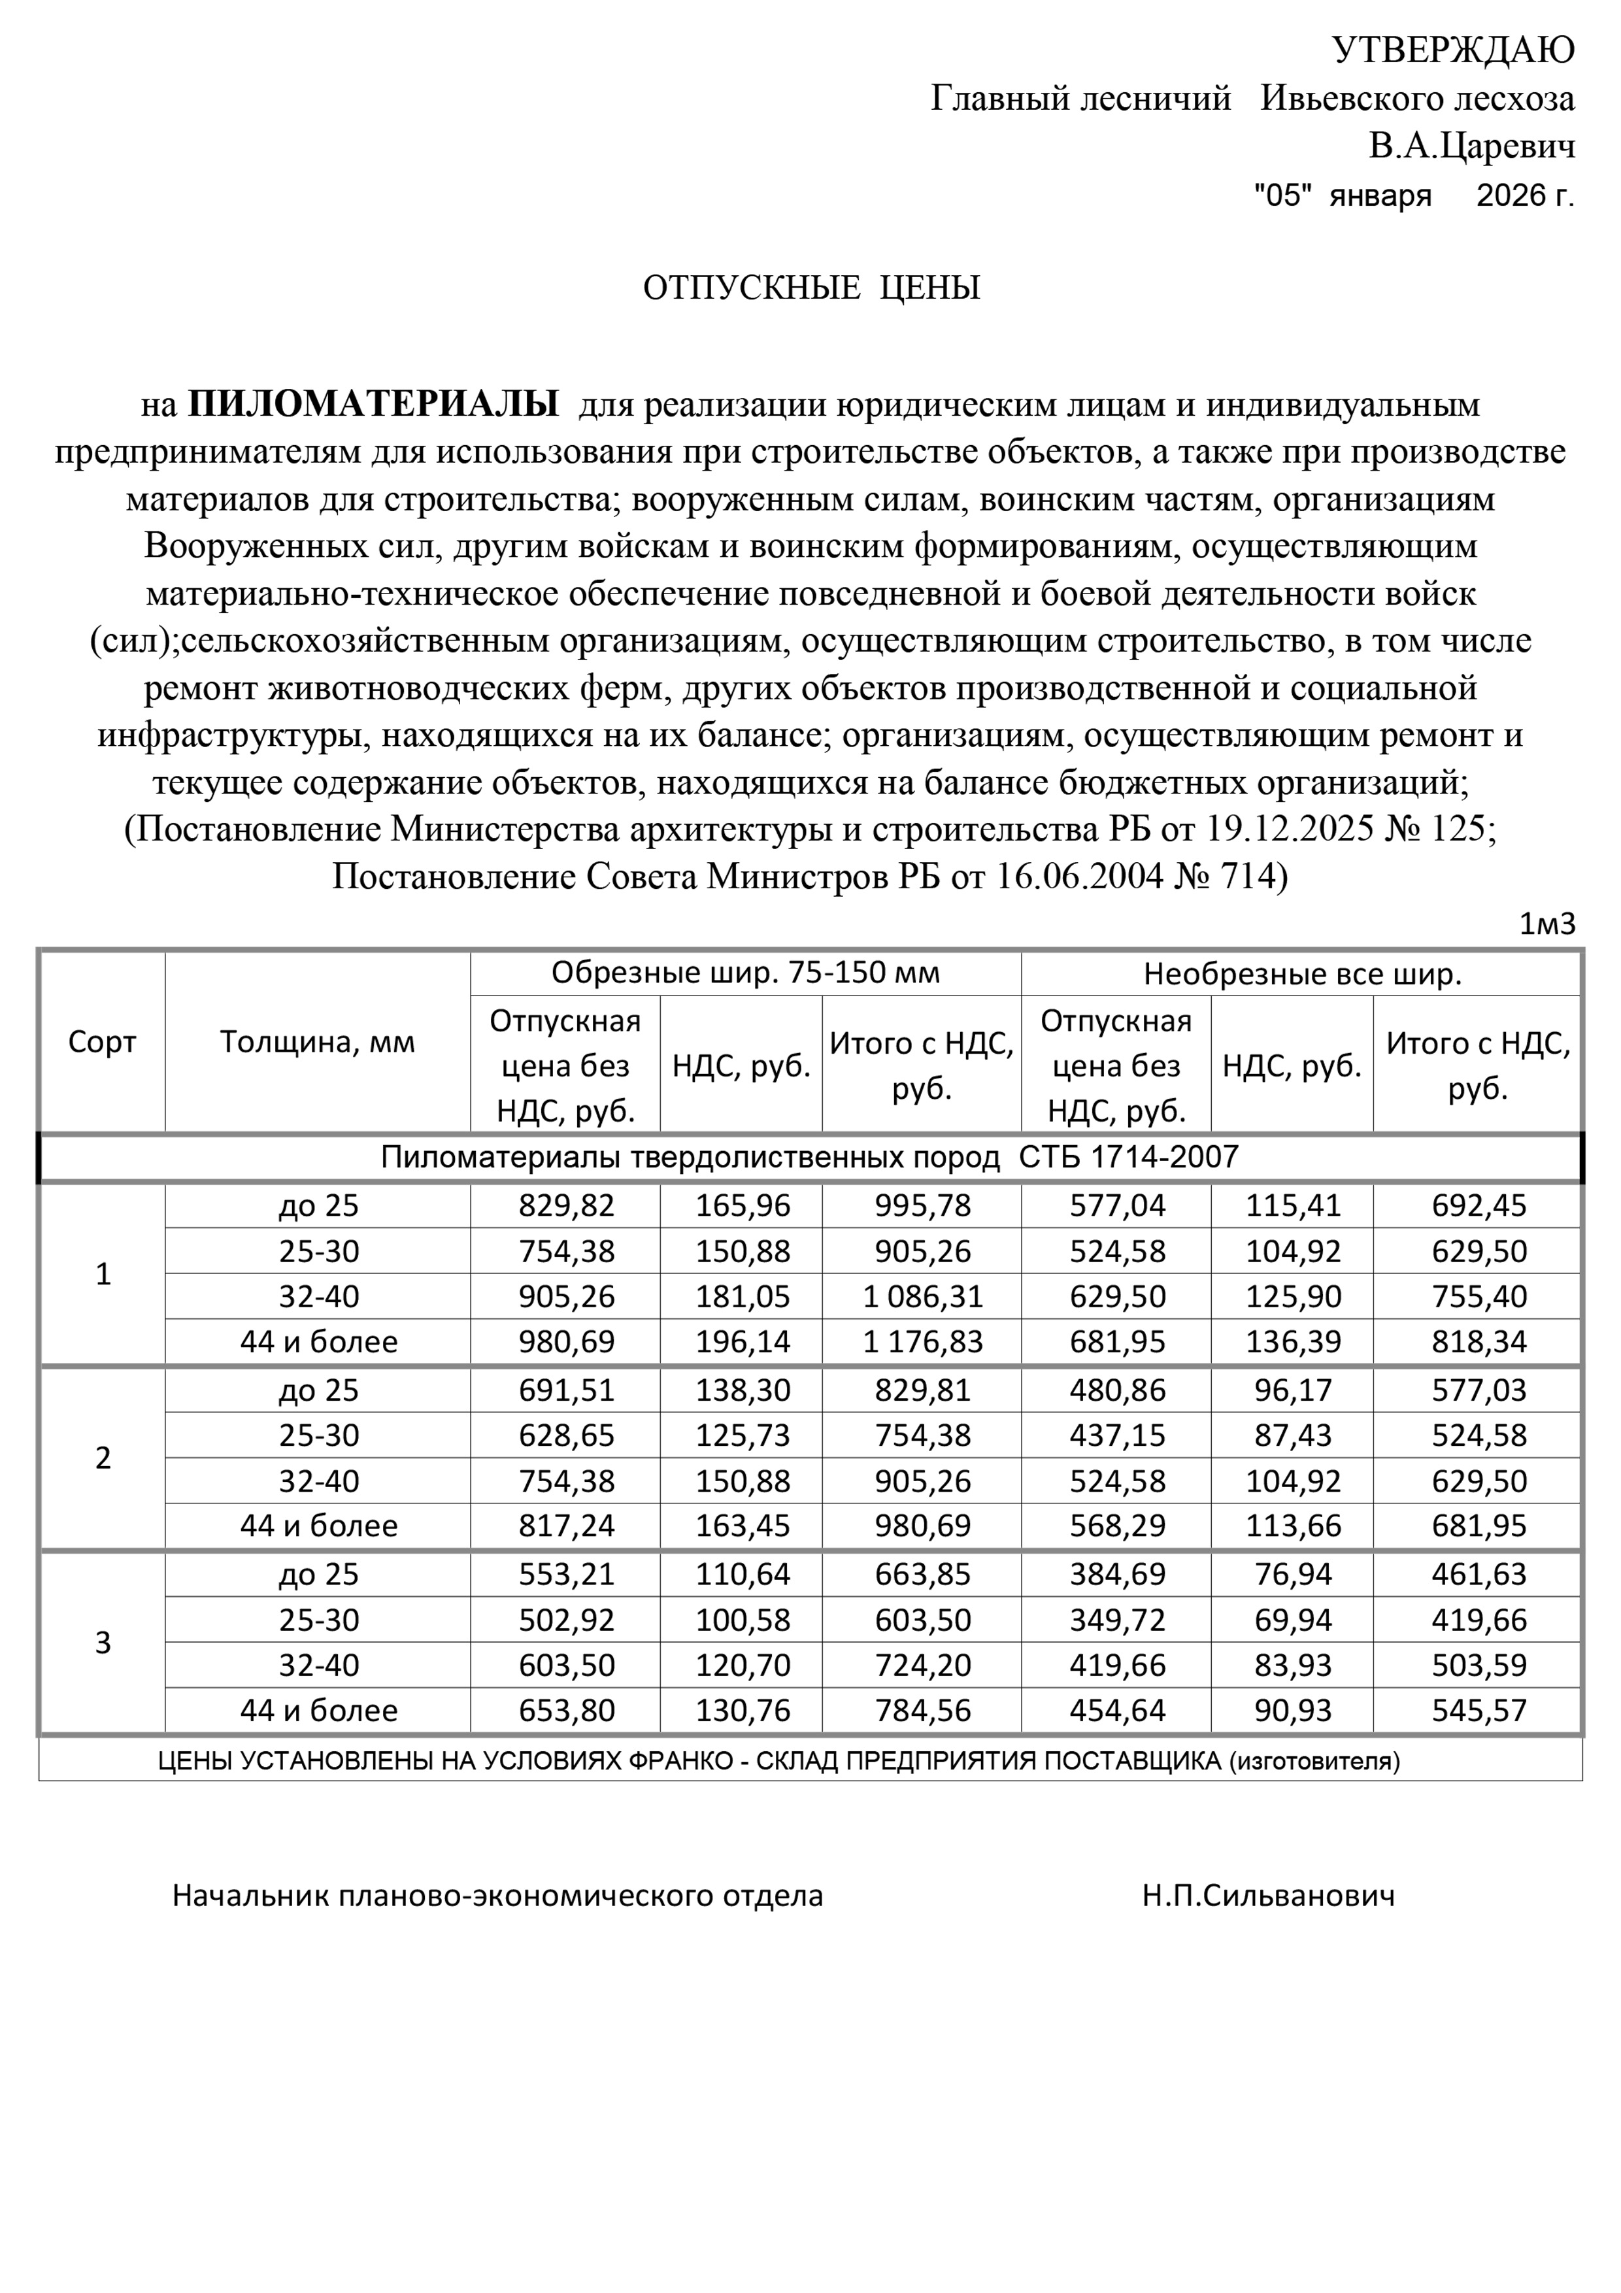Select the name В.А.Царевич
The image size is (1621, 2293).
1471,147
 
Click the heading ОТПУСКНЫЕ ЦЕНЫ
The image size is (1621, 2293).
811,289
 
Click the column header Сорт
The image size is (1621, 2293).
102,1043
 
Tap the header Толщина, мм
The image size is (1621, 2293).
318,1043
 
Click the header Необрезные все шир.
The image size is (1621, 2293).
1301,975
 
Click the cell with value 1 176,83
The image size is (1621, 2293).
922,1341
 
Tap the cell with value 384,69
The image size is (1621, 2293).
1118,1575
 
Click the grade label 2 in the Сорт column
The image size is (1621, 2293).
103,1458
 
